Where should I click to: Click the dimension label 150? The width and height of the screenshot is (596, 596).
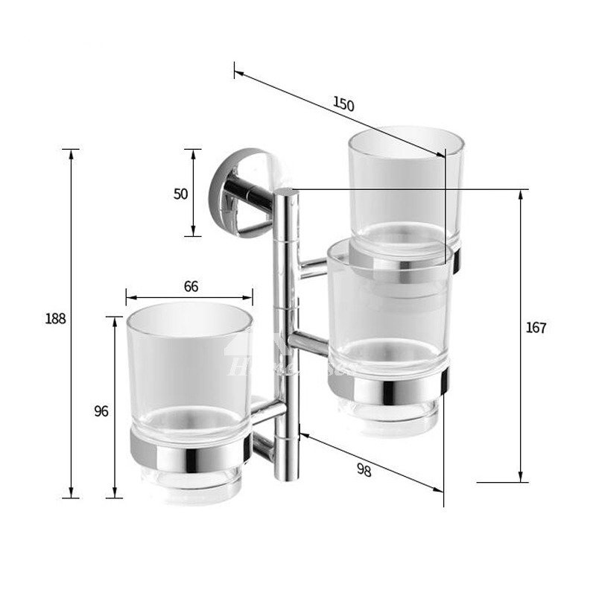click(x=343, y=104)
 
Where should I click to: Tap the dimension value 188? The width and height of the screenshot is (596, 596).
click(x=56, y=319)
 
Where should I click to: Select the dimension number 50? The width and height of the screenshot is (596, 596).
click(x=180, y=194)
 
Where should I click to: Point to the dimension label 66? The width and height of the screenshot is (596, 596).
click(x=191, y=287)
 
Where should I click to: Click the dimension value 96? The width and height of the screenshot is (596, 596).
click(x=101, y=410)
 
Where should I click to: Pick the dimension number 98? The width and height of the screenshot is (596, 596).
click(x=364, y=469)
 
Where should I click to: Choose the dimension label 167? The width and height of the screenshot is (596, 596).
click(x=536, y=328)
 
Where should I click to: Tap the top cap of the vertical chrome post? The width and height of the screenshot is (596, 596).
click(x=287, y=194)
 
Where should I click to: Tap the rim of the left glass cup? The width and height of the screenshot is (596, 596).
click(x=189, y=313)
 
